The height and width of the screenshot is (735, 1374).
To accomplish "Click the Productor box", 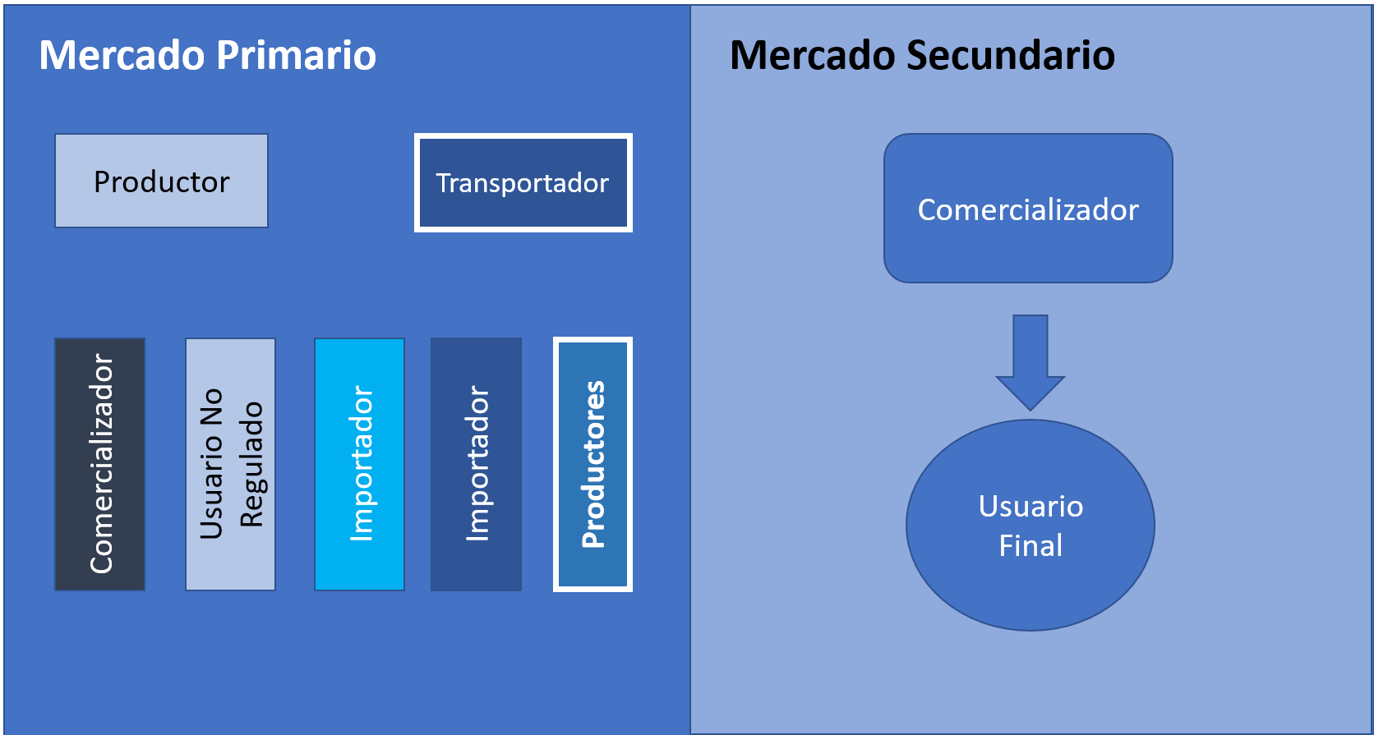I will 161,181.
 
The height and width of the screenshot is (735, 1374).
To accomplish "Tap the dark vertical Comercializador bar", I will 100,464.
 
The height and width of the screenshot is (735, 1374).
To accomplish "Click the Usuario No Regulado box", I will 231,464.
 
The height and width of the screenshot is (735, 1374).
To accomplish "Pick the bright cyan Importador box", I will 360,464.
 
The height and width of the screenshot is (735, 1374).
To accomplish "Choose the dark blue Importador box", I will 477,464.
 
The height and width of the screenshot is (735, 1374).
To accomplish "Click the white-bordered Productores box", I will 593,464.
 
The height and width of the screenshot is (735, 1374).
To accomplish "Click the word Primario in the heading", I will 297,56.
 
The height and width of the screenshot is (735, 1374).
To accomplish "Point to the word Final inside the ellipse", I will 1030,545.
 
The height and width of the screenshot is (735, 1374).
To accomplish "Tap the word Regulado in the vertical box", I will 251,464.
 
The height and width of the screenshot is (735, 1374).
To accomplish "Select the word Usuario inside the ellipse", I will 1030,506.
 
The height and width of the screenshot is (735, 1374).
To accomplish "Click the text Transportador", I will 523,182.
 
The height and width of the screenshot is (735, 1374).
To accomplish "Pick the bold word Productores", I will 593,464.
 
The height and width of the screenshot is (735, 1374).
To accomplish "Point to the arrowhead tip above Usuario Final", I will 1030,408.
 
